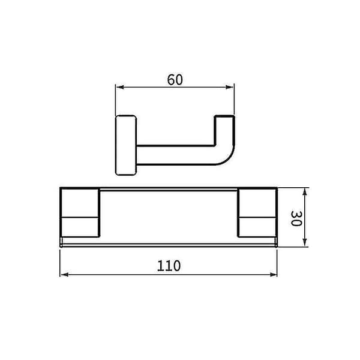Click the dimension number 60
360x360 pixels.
(175, 79)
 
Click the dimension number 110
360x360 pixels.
(169, 266)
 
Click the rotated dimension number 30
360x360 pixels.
(296, 218)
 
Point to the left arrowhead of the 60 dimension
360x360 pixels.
(120, 87)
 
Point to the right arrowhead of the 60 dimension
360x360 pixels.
(230, 87)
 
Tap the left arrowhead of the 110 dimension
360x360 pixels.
(65, 275)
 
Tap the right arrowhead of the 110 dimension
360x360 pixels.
(273, 275)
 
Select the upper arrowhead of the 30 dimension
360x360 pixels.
(305, 192)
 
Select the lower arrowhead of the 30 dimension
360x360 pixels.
(305, 242)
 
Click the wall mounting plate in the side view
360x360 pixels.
(126, 145)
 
